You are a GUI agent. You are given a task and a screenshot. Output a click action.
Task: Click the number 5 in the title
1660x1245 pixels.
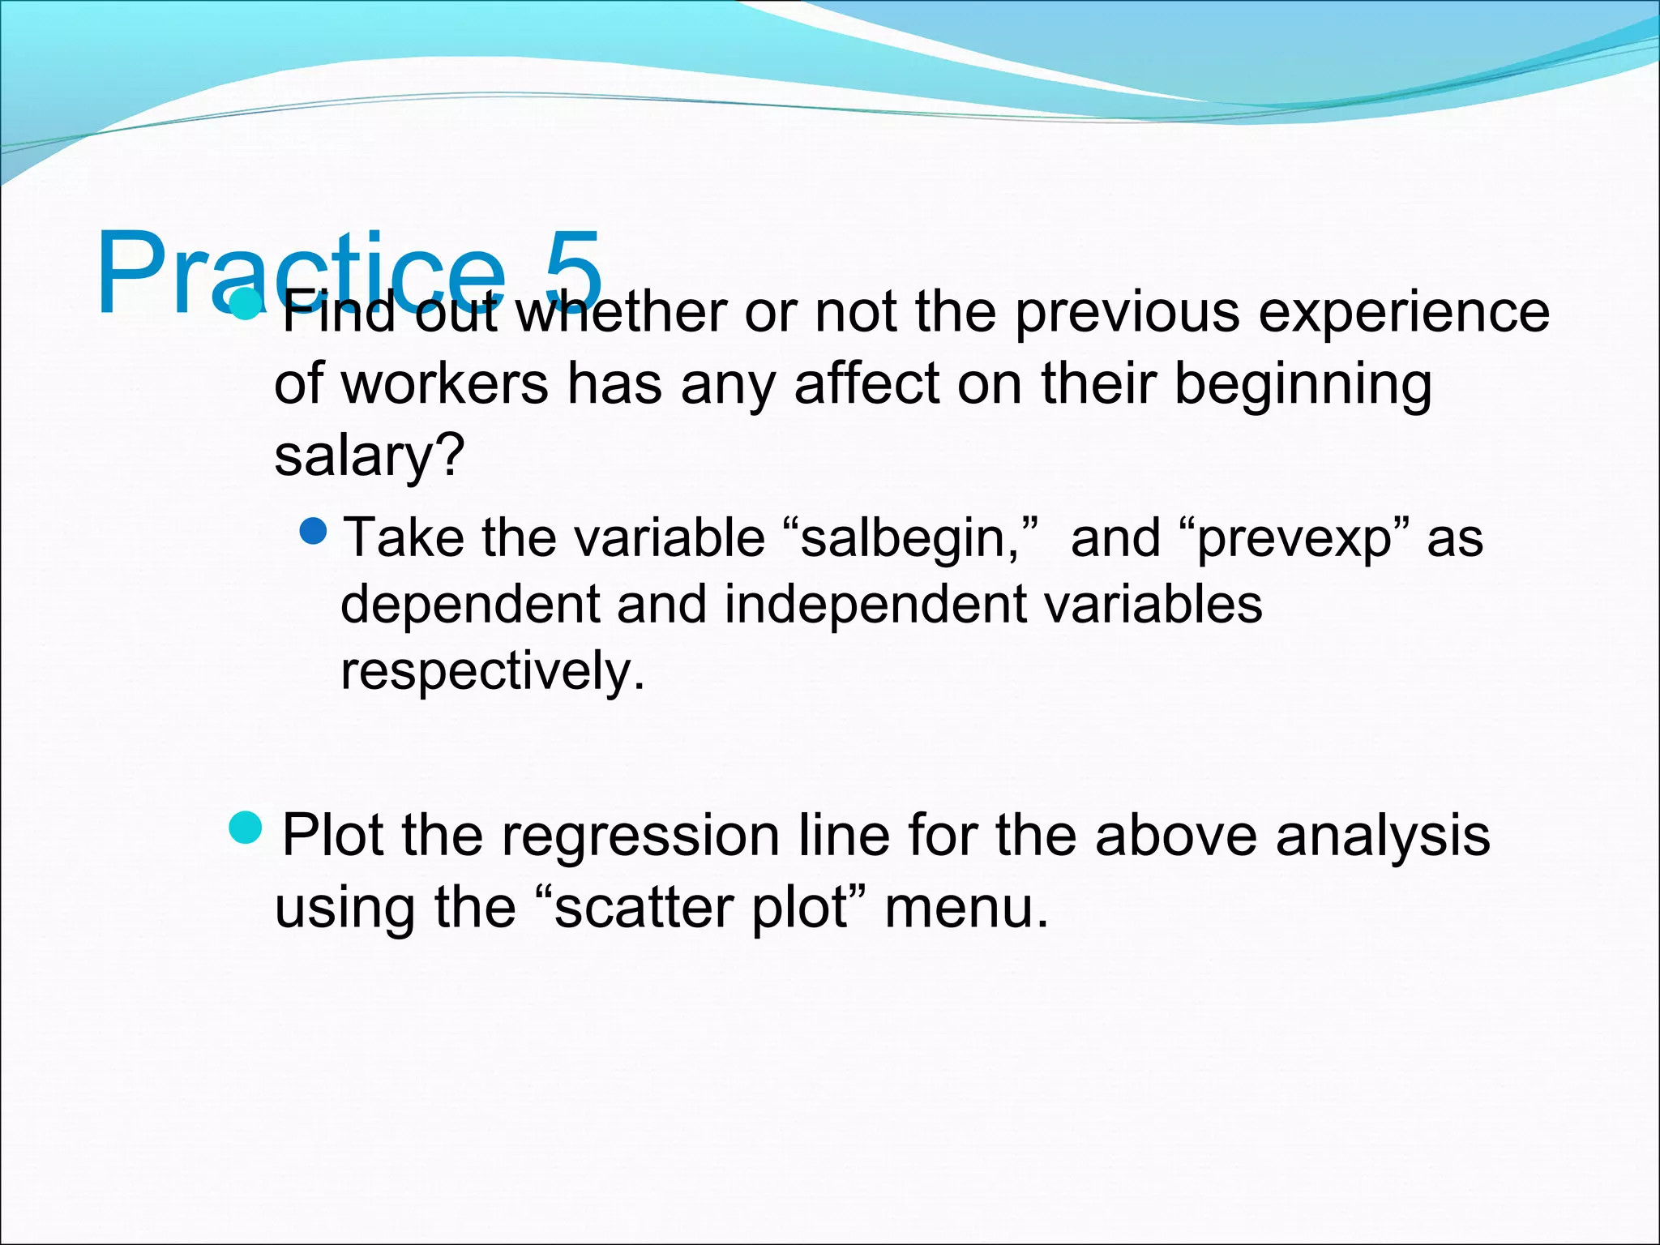[x=573, y=272]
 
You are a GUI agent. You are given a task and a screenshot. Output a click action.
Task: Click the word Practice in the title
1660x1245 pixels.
[x=301, y=273]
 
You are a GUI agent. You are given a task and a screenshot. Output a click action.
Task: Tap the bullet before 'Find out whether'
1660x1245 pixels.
[x=245, y=304]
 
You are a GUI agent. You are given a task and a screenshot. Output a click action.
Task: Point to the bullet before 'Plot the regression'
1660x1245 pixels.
[x=246, y=828]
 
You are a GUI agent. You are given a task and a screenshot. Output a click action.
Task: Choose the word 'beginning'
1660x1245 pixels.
[x=1303, y=385]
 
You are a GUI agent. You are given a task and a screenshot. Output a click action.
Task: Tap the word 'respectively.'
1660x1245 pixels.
[x=493, y=672]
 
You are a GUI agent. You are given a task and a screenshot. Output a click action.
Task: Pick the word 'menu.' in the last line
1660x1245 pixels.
[x=966, y=907]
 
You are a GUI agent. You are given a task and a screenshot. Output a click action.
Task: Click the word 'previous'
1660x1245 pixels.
[x=1127, y=312]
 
